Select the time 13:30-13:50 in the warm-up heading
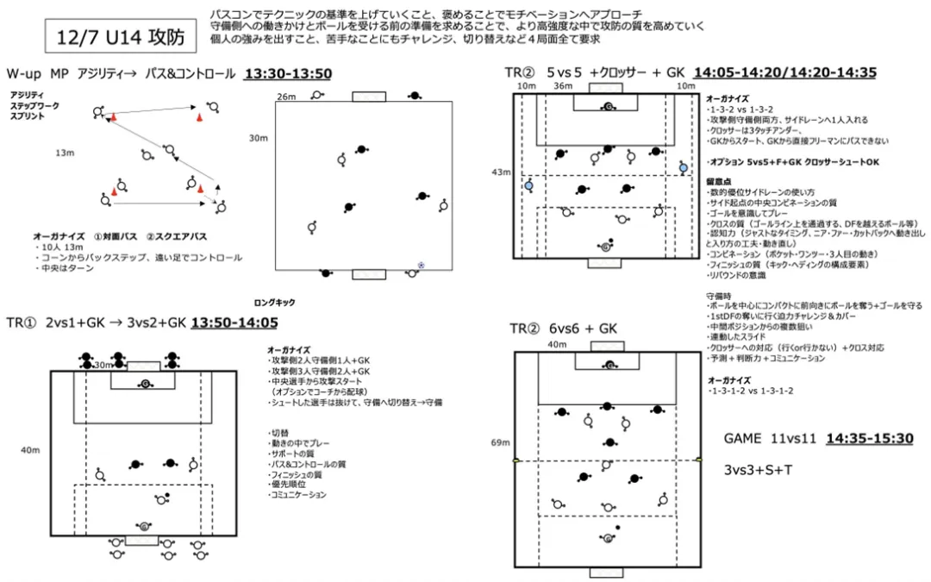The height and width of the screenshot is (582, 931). click(288, 74)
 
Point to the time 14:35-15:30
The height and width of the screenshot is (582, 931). click(869, 438)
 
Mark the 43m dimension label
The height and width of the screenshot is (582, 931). click(500, 172)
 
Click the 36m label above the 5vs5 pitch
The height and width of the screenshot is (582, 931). click(563, 86)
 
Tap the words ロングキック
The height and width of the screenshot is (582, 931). click(274, 303)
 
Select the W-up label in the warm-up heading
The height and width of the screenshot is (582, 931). click(23, 74)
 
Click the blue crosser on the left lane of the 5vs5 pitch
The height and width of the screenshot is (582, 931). click(528, 185)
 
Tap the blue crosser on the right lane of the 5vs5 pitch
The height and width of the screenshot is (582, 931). click(683, 167)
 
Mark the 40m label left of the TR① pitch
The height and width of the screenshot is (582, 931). click(30, 450)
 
